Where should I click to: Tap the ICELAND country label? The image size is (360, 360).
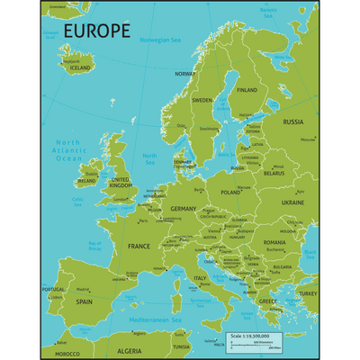[x=80, y=67]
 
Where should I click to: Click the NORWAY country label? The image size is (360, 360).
[x=185, y=74]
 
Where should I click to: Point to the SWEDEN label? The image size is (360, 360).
[x=202, y=101]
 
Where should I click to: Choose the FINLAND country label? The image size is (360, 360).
[x=246, y=90]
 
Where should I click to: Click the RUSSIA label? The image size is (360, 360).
[x=293, y=121]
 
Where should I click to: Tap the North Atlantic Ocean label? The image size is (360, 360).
[x=69, y=150]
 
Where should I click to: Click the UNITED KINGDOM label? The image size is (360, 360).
[x=120, y=184]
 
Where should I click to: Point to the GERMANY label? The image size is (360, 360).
[x=183, y=208]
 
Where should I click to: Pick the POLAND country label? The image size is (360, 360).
[x=231, y=192]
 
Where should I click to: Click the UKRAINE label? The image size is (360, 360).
[x=292, y=202]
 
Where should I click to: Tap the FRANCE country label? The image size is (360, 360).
[x=139, y=246]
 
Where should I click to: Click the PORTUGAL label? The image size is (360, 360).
[x=54, y=290]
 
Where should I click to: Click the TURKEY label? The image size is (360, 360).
[x=308, y=293]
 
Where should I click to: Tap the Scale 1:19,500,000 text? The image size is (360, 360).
[x=251, y=336]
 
